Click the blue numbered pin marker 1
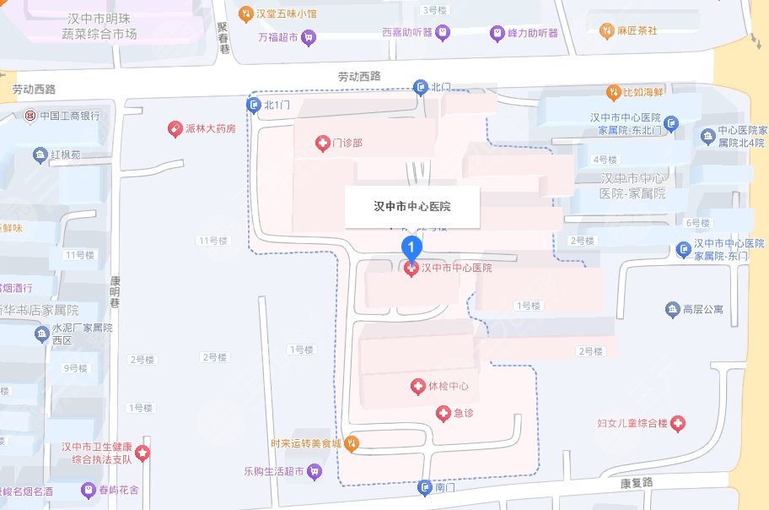tap(411, 247)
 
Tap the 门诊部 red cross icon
tap(321, 144)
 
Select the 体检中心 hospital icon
tap(417, 387)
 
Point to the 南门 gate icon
tap(424, 487)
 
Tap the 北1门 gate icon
tap(253, 105)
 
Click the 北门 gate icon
tap(420, 87)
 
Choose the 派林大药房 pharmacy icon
tap(175, 130)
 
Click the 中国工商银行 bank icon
tap(30, 116)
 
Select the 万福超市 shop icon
tap(309, 37)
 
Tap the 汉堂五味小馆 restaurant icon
tap(245, 13)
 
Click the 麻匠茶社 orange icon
tap(605, 30)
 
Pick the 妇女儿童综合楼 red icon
tap(678, 422)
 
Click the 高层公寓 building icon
tap(672, 310)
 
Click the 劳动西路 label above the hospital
tap(359, 77)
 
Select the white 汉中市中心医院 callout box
tap(411, 207)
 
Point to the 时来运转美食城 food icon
tap(352, 442)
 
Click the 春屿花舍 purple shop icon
tap(88, 490)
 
